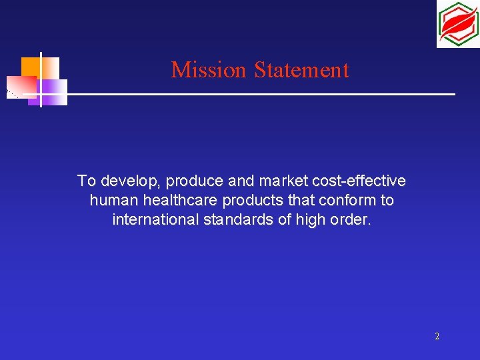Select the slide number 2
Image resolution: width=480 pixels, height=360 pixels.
437,337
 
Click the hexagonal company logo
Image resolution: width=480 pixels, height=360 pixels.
457,24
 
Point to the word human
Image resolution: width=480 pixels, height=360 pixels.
109,201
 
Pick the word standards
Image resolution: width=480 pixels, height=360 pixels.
233,219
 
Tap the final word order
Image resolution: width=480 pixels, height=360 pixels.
350,219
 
